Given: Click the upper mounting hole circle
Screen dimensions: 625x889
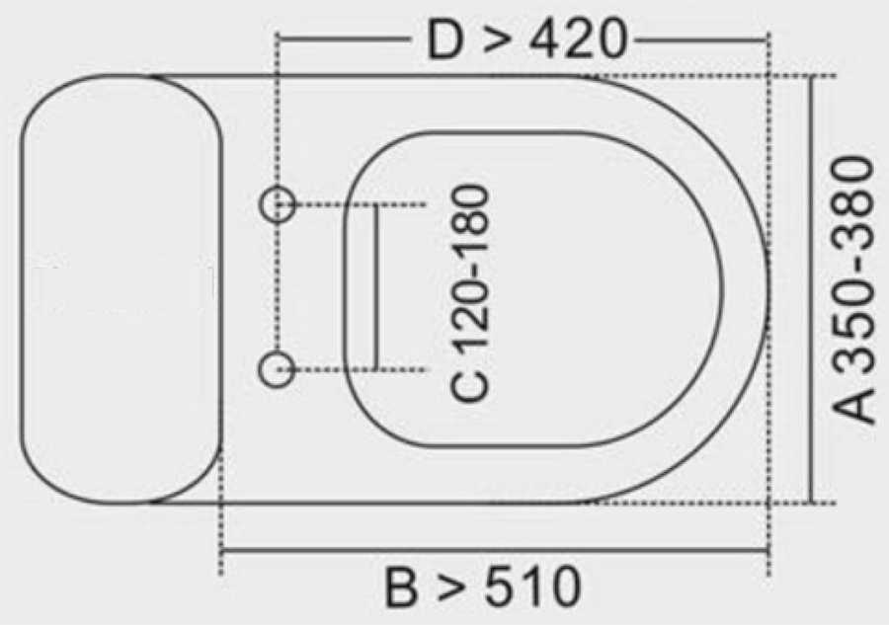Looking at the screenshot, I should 278,204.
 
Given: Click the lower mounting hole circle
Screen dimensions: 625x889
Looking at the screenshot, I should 278,369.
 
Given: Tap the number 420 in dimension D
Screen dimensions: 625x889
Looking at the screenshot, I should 579,40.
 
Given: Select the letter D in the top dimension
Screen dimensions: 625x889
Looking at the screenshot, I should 446,40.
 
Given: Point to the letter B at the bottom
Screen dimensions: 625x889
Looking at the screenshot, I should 403,588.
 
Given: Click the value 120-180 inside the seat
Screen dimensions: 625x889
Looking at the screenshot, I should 471,272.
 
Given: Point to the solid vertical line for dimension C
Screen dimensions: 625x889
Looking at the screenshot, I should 376,286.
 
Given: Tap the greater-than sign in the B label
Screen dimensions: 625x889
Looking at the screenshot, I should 452,589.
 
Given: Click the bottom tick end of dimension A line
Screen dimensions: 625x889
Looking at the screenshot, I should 812,503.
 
